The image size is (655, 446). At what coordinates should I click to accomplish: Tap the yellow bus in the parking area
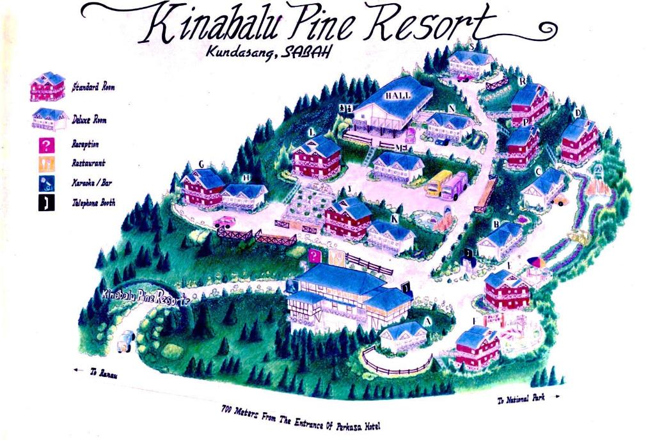[x=438, y=183]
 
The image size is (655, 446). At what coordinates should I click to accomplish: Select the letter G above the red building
[x=201, y=164]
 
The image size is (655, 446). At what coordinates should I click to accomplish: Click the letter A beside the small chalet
[x=428, y=321]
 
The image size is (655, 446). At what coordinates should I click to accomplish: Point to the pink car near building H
[x=225, y=222]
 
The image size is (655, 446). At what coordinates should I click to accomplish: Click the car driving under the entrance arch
[x=125, y=340]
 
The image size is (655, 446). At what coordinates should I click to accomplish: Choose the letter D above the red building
[x=578, y=113]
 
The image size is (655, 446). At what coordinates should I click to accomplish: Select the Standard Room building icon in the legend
[x=47, y=86]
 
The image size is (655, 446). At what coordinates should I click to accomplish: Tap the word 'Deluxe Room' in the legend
[x=90, y=120]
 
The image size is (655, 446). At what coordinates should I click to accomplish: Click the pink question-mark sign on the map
[x=314, y=256]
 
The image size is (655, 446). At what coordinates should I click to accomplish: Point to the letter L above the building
[x=311, y=132]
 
